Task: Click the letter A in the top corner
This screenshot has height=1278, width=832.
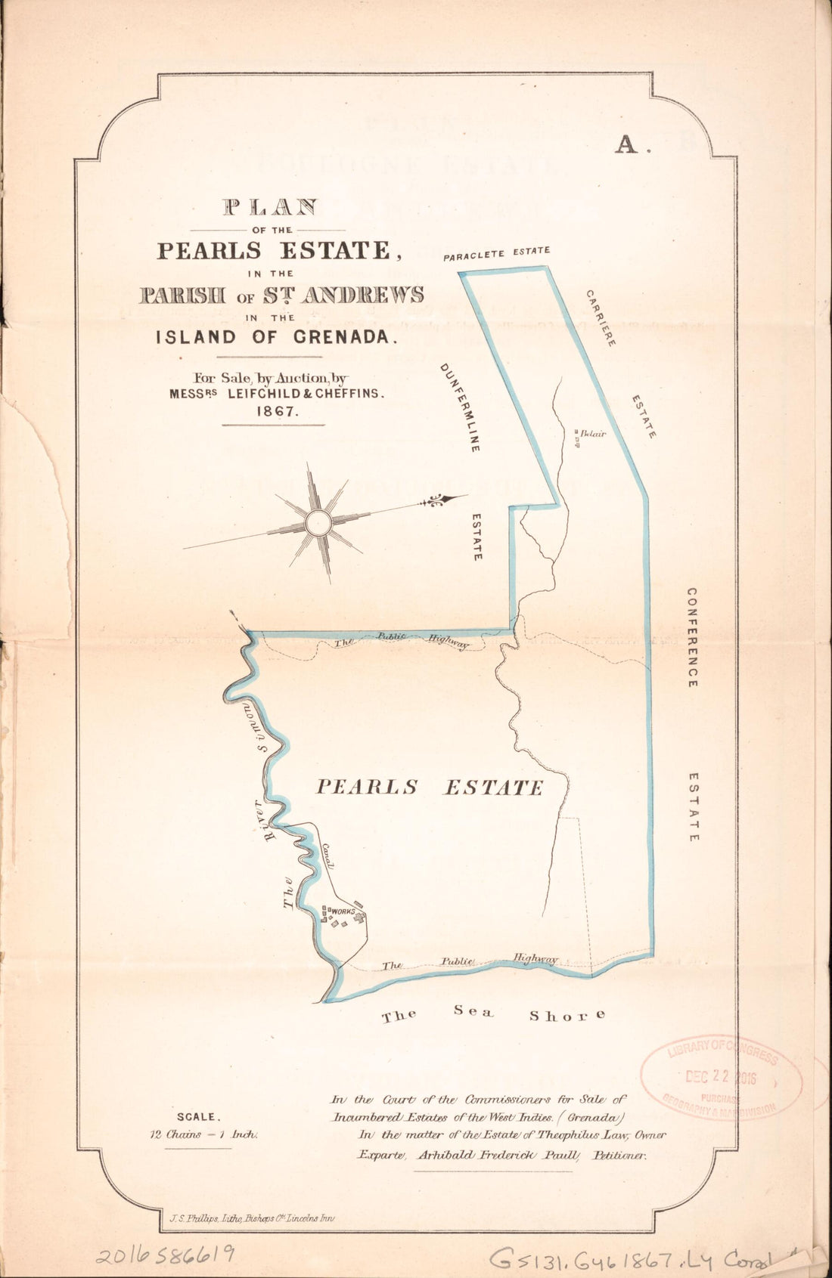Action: (x=627, y=144)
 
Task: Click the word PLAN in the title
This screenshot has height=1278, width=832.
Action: (x=269, y=206)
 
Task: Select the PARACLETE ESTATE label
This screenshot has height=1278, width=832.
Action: (x=496, y=253)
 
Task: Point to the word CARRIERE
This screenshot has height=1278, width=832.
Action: (x=601, y=317)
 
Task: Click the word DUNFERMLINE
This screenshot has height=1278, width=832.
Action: (x=459, y=407)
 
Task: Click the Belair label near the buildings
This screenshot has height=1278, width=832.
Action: (x=594, y=434)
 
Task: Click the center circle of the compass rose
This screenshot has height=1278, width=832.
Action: (x=318, y=522)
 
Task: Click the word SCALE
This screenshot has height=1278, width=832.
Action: (x=198, y=1116)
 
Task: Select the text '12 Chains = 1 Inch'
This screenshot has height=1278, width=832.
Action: (x=205, y=1133)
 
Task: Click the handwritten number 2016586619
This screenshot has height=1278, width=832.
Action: (x=165, y=1255)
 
